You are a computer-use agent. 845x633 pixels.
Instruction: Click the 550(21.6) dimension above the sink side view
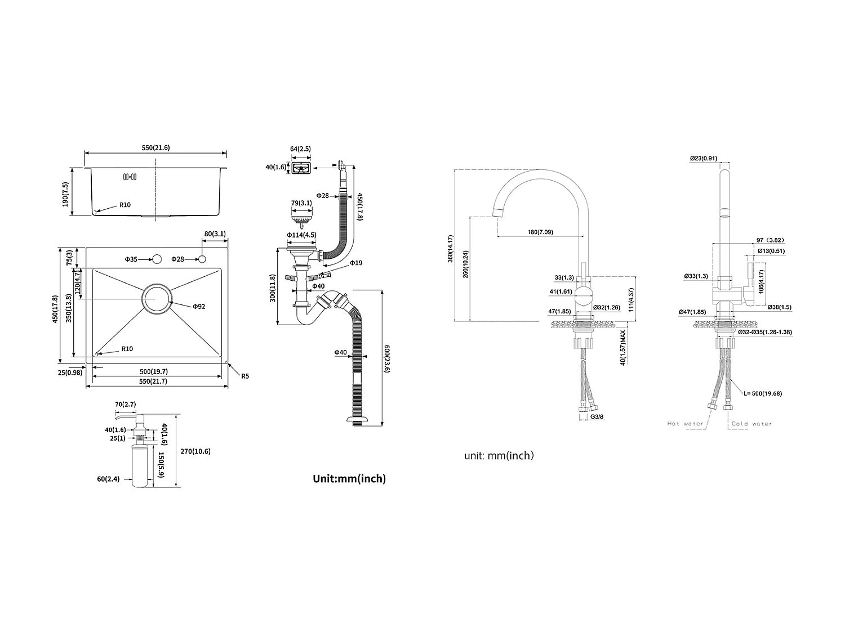(155, 147)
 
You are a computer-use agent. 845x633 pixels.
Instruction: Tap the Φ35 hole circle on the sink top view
(157, 259)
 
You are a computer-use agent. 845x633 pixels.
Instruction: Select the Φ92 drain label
(199, 306)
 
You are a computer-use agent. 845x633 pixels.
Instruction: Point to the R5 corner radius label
(245, 376)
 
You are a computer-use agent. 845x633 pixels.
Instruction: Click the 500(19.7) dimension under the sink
(154, 371)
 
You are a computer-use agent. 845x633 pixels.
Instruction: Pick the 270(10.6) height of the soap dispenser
(195, 451)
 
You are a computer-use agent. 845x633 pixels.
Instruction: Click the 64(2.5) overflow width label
(300, 149)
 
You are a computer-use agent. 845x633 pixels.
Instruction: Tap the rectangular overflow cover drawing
(301, 168)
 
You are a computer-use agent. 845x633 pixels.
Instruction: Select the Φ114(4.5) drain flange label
(301, 235)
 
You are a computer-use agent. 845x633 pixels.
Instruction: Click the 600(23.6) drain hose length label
(387, 358)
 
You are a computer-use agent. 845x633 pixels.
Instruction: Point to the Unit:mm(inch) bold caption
(349, 478)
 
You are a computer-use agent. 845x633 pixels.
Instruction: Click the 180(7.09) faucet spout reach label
(540, 232)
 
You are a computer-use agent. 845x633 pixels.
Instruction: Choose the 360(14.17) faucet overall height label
(450, 249)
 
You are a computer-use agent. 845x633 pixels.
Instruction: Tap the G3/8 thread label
(597, 416)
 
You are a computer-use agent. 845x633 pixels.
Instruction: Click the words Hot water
(685, 424)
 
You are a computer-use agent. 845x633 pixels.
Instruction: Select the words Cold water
(752, 424)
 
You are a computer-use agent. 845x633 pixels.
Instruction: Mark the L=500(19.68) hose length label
(763, 393)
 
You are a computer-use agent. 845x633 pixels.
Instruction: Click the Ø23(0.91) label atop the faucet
(704, 158)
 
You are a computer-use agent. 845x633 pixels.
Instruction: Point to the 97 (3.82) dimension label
(770, 240)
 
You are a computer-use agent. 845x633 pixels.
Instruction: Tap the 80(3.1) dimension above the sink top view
(215, 234)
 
